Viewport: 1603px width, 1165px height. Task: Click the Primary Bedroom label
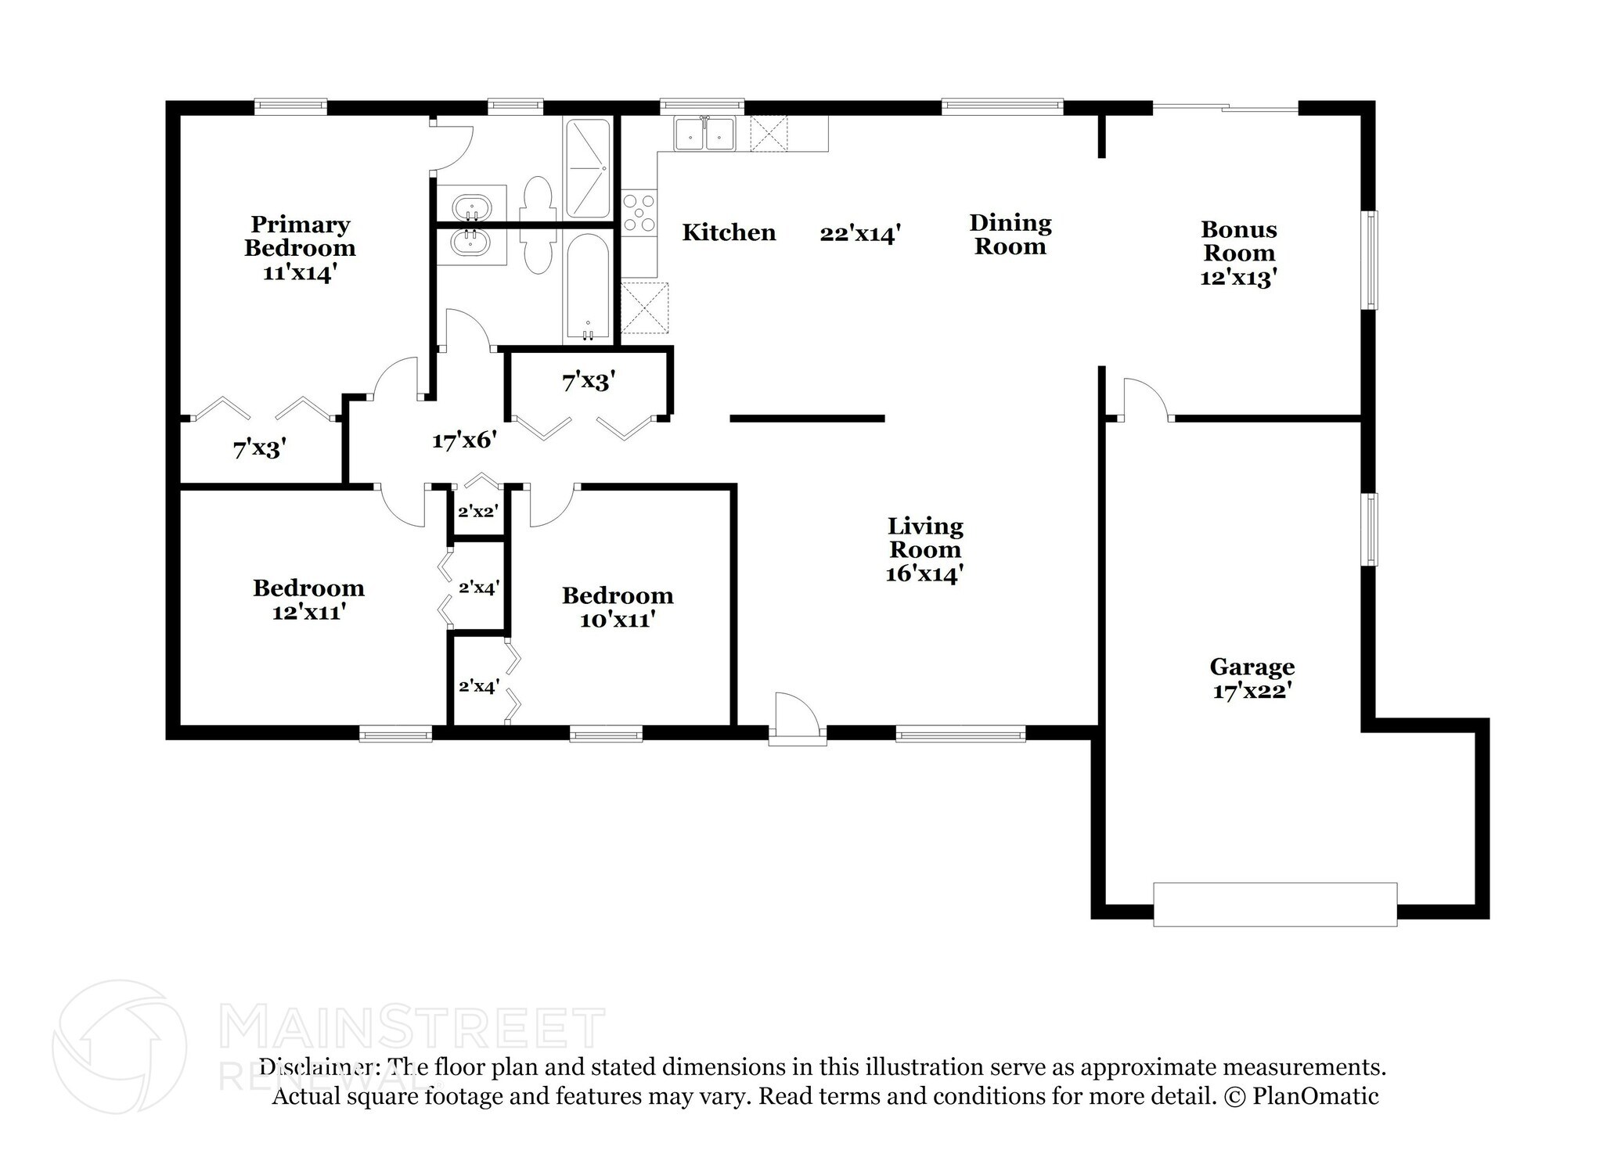(x=300, y=236)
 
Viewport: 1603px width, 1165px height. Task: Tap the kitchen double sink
(x=705, y=133)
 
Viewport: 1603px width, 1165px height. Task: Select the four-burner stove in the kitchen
(x=639, y=213)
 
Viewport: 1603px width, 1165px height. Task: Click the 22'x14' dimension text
(x=860, y=234)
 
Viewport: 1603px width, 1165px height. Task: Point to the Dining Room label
(x=1010, y=235)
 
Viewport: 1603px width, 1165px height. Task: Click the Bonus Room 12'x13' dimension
(x=1239, y=278)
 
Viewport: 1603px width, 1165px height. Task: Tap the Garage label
(x=1252, y=667)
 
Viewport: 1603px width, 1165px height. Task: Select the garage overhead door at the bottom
(x=1275, y=904)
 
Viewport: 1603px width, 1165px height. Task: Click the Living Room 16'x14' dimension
(x=924, y=574)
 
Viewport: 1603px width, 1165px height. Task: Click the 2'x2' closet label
(x=478, y=512)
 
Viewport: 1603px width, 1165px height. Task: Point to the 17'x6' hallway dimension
(x=465, y=440)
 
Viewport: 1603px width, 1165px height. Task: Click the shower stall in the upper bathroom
(x=587, y=168)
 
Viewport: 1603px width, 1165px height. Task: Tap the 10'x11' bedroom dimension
(x=618, y=620)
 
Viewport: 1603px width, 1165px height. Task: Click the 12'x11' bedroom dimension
(x=309, y=613)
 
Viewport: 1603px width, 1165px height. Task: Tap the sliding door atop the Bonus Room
(x=1226, y=109)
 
